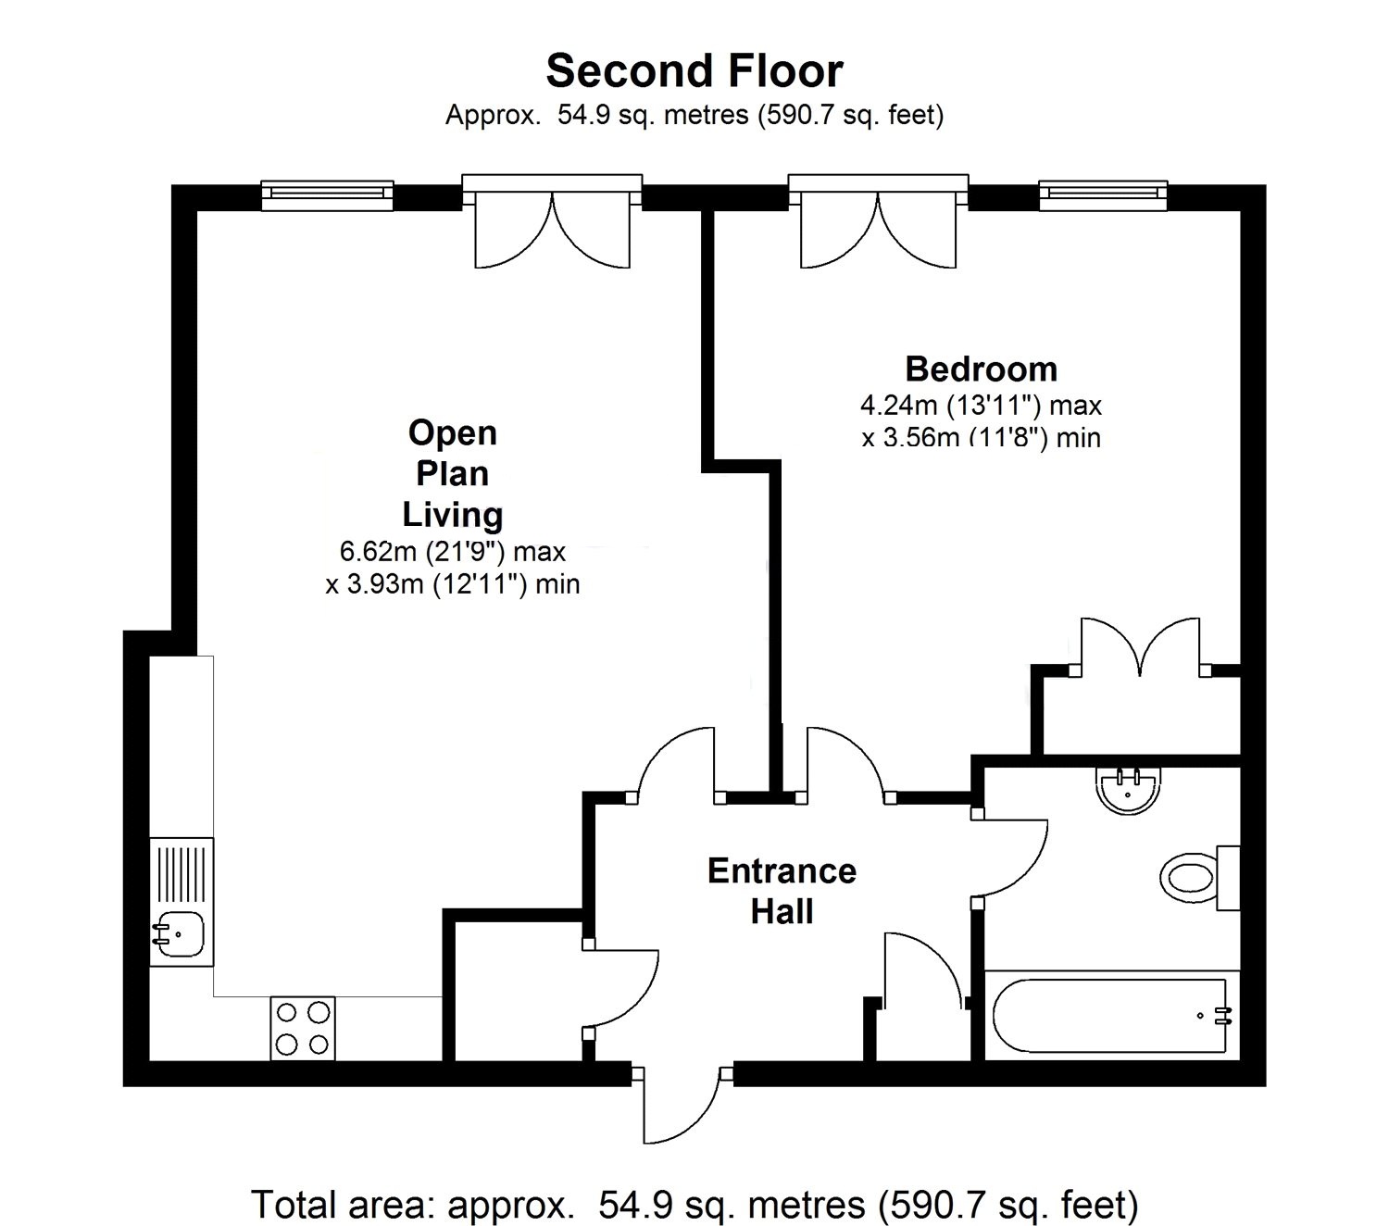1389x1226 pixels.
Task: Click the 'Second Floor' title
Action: pos(694,71)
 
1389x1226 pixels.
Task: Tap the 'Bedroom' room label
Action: pos(981,369)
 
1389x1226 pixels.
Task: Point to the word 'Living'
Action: pos(452,515)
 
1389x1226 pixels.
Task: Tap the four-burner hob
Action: pos(303,1028)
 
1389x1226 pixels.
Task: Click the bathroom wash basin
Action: pos(1127,791)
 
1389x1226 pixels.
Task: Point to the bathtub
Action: pos(1109,1016)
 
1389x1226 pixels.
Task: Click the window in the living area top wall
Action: pos(328,194)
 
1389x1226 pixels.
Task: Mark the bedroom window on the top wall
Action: pos(1102,194)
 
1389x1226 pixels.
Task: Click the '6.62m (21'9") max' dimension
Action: pos(452,552)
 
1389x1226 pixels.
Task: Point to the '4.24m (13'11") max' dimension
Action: pos(981,406)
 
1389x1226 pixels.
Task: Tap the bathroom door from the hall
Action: pos(1014,857)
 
